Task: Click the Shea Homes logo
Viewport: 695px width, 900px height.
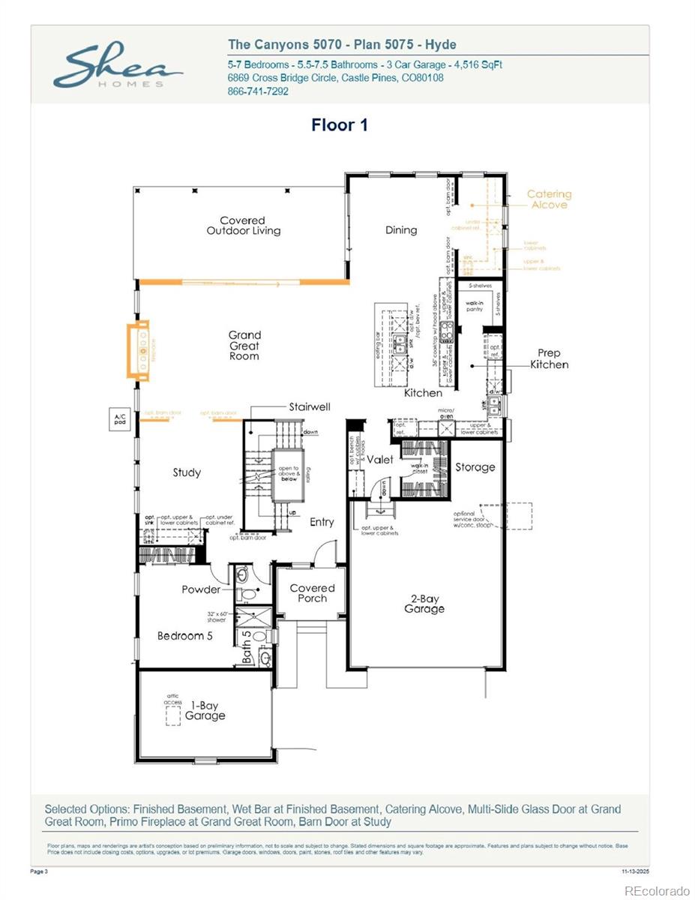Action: coord(118,67)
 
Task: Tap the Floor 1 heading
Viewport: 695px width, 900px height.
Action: coord(340,125)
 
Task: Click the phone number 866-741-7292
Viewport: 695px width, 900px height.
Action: coord(258,91)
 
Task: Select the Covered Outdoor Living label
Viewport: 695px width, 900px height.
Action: coord(244,226)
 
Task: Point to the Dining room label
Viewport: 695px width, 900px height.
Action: coord(401,230)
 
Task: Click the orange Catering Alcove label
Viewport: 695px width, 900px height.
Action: coord(549,199)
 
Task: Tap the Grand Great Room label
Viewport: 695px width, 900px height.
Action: coord(244,346)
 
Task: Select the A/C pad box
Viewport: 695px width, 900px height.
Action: coord(119,420)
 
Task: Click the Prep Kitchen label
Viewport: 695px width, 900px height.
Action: coord(550,358)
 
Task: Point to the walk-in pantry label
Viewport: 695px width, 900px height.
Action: coord(475,305)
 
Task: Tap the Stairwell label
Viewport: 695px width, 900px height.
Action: coord(310,407)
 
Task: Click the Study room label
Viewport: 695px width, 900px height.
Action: coord(187,472)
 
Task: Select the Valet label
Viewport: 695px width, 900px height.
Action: coord(380,460)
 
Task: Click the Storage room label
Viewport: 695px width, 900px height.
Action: coord(475,467)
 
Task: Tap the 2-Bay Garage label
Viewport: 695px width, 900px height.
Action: coord(424,604)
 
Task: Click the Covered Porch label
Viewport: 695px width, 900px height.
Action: coord(313,593)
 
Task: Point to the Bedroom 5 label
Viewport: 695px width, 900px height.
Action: coord(185,636)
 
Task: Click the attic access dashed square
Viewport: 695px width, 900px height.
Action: coord(172,715)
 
